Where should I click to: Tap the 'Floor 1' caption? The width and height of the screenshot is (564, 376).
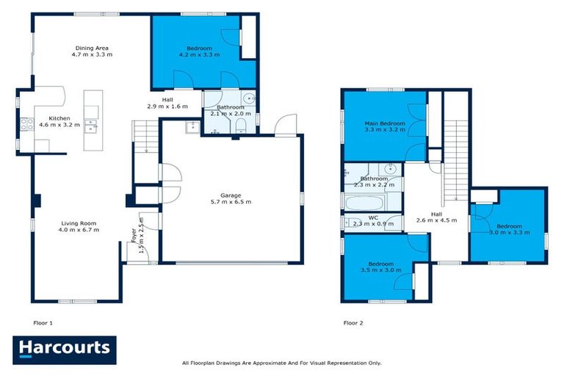pos(43,322)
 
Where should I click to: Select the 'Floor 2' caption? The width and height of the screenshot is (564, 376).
pos(353,322)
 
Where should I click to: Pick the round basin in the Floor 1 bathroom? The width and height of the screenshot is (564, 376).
pos(250,99)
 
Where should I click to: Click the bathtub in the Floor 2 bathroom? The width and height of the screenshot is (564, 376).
pos(365,201)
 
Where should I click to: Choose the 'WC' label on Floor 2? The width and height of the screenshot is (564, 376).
pos(373,217)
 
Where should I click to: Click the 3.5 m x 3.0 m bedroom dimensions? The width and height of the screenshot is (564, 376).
pos(380,270)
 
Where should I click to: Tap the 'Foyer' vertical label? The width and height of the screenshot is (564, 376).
pos(134,230)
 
